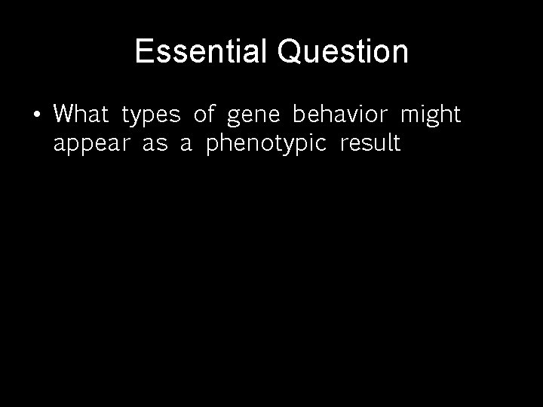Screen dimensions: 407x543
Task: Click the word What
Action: [81, 115]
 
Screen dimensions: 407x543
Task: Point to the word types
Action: [151, 116]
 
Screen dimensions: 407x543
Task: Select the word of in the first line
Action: [204, 115]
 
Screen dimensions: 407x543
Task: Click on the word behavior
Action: [340, 115]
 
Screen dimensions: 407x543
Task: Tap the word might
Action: [430, 115]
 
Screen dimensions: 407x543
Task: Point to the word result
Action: [370, 143]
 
